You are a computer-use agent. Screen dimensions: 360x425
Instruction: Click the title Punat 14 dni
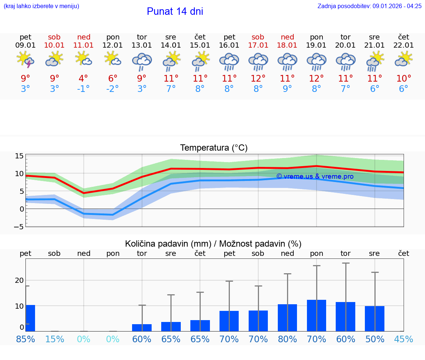[175, 11]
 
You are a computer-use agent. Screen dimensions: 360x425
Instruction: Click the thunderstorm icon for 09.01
[25, 60]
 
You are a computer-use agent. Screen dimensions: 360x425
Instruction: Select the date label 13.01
[142, 45]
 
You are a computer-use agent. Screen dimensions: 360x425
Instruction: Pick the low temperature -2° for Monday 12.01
[113, 89]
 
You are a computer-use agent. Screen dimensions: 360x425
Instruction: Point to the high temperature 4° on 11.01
[83, 79]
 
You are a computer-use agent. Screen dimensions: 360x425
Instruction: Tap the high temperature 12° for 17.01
[258, 79]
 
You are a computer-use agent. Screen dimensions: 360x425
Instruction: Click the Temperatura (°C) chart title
[214, 148]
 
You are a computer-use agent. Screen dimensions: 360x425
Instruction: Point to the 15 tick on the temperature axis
[19, 156]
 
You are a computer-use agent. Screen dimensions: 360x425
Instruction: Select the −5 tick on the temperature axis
[19, 227]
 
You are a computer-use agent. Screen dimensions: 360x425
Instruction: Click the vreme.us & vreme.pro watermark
[315, 176]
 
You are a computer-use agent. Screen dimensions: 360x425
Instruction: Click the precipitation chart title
[213, 244]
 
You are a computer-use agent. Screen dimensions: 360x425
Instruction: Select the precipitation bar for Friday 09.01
[30, 318]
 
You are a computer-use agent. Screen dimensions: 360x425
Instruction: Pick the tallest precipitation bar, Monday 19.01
[316, 315]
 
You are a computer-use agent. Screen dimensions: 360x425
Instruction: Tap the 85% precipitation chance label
[25, 339]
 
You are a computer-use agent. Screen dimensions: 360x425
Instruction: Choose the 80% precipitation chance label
[287, 339]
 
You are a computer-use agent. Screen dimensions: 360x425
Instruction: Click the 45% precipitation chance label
[404, 339]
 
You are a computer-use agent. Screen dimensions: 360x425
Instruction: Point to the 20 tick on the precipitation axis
[19, 280]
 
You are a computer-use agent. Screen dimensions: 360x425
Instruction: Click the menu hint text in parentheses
[41, 6]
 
